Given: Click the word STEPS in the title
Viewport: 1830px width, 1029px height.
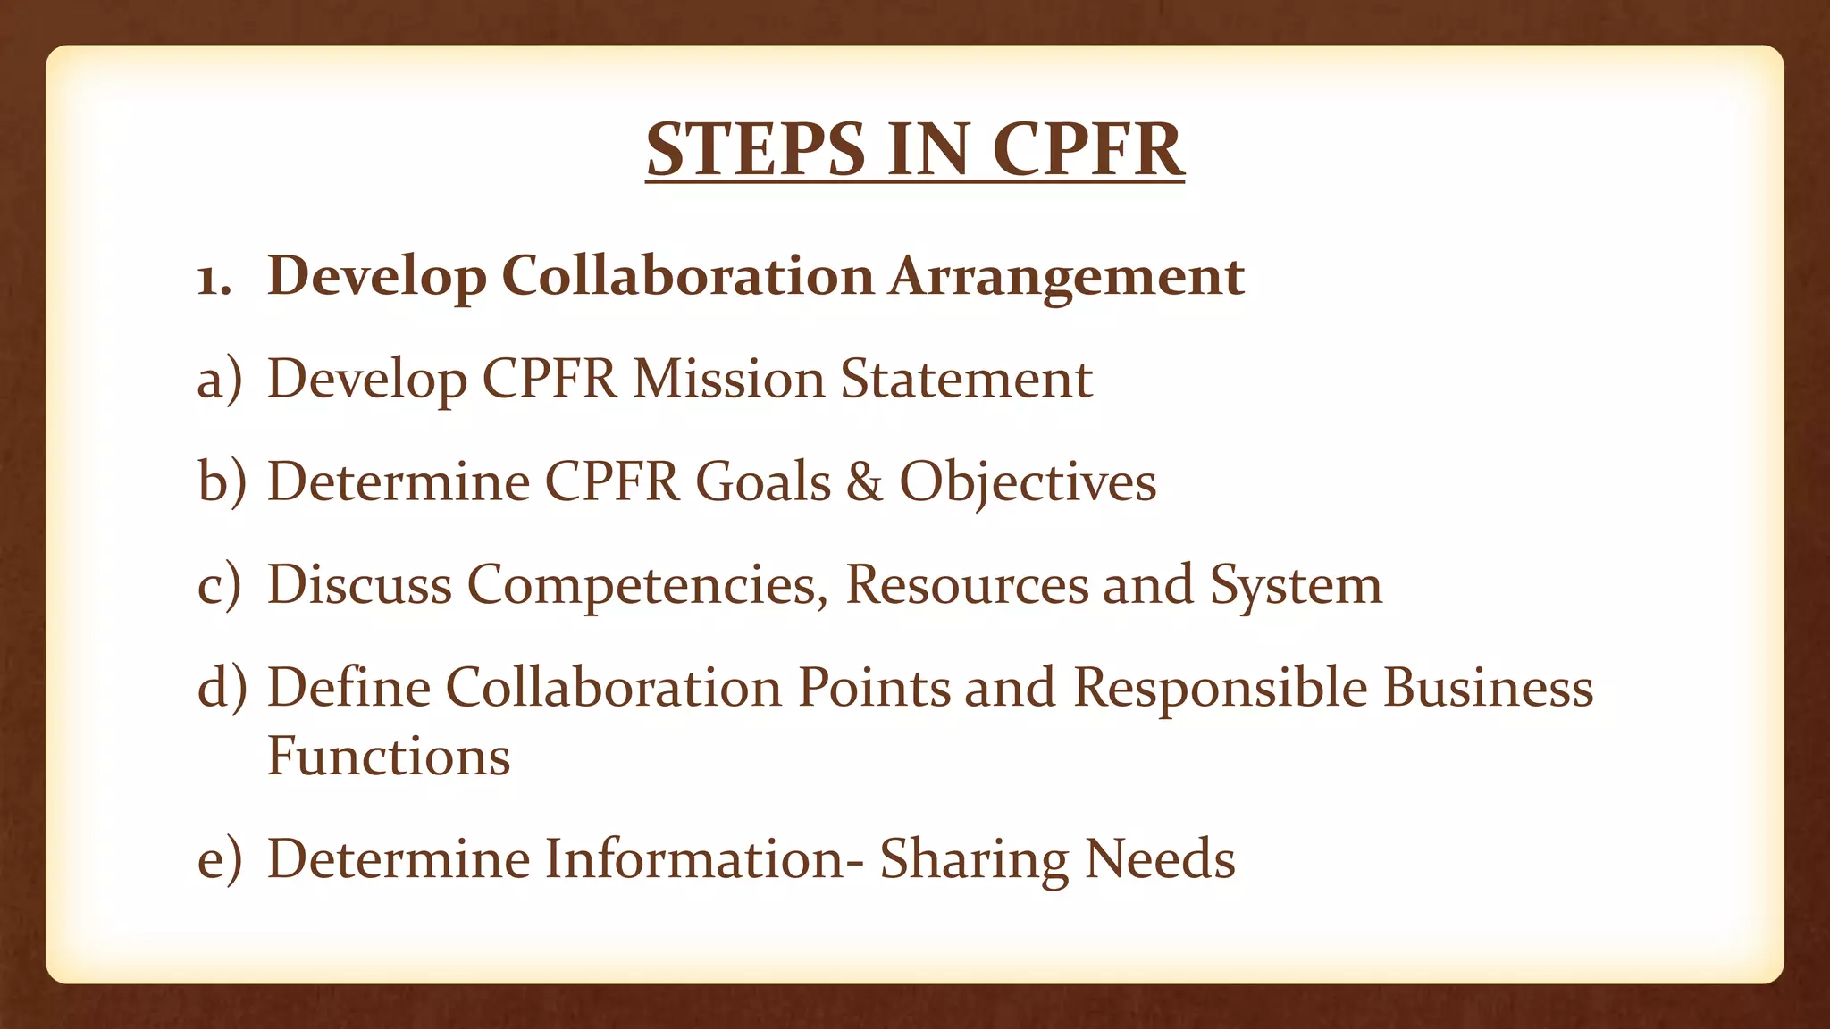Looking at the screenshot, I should tap(756, 149).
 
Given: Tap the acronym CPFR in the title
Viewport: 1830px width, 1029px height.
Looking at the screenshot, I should tap(1087, 149).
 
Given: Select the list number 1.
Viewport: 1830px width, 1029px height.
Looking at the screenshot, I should tap(213, 279).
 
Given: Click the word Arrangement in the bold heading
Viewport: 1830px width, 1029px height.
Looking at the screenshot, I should tap(1066, 277).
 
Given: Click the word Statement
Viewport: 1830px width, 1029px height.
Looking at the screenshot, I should tap(966, 379).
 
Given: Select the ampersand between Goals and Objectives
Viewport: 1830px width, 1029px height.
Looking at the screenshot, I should tap(864, 482).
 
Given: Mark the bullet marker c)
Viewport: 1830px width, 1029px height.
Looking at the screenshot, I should tap(219, 586).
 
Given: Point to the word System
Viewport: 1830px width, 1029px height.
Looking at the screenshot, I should tap(1296, 586).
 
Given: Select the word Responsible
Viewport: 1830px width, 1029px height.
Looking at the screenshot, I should tap(1220, 688).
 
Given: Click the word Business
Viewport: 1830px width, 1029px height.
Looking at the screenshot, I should tap(1488, 688).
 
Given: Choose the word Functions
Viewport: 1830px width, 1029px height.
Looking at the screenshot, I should tap(389, 757).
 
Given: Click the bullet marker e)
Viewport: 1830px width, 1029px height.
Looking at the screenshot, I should tap(219, 860).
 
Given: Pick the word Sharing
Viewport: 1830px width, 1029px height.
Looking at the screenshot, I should tap(974, 860).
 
